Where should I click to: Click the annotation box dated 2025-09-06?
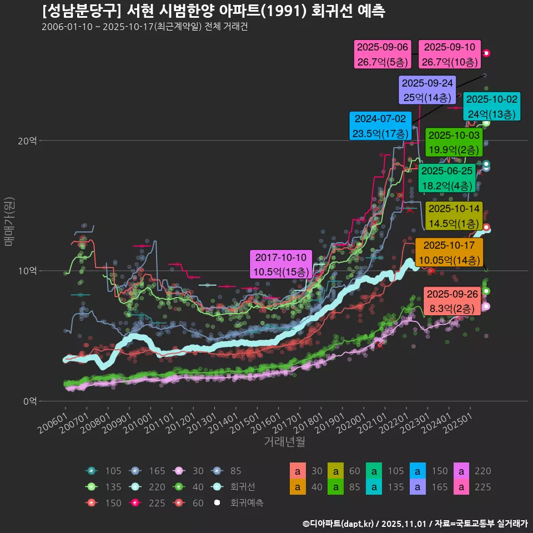(383, 55)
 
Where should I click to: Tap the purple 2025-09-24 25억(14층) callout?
(428, 90)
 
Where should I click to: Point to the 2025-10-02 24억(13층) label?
(491, 107)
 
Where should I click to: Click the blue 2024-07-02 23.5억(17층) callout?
(381, 126)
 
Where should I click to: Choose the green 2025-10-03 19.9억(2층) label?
(454, 143)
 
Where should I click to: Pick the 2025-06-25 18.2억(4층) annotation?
(446, 178)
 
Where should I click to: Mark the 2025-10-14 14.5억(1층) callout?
(454, 217)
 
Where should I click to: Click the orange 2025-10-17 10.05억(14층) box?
(450, 253)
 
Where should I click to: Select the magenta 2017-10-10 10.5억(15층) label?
(280, 265)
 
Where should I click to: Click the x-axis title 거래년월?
(284, 442)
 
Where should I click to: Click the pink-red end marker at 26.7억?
(486, 53)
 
